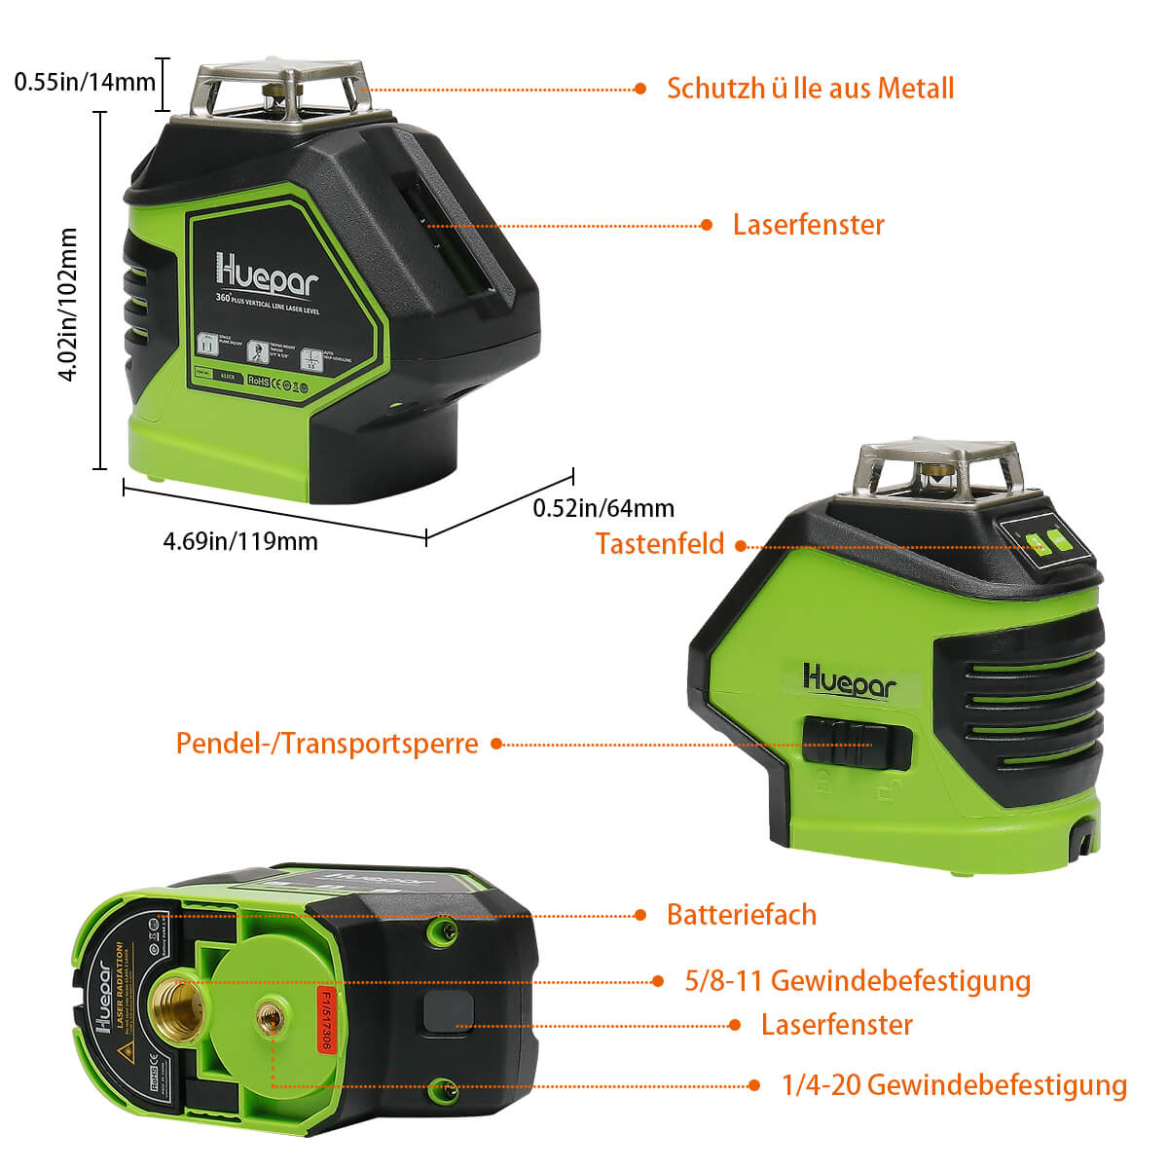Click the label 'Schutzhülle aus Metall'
[810, 89]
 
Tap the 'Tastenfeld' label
[660, 543]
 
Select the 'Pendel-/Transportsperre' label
[327, 744]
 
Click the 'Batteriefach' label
[741, 915]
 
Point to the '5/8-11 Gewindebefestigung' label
[858, 980]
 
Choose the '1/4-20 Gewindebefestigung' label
[954, 1084]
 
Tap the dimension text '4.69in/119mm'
[240, 541]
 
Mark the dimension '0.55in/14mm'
[85, 82]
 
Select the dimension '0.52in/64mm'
[603, 508]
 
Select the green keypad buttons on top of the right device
[1044, 541]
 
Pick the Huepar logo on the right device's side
[849, 679]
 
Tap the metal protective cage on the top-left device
[282, 92]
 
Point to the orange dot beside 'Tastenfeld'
[741, 547]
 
